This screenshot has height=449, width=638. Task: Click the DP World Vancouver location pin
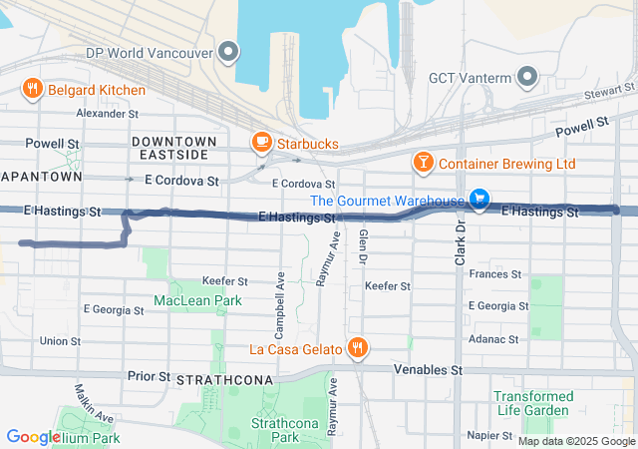click(230, 52)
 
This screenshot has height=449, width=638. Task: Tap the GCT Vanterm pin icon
click(527, 78)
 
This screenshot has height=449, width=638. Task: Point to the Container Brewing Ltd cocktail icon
click(423, 163)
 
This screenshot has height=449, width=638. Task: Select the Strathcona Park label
click(276, 430)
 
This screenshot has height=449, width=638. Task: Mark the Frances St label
click(494, 273)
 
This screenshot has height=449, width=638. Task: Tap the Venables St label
click(429, 370)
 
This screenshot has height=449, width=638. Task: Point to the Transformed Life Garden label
click(533, 403)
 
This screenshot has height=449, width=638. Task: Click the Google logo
click(34, 437)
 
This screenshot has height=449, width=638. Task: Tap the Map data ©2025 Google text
click(575, 441)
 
